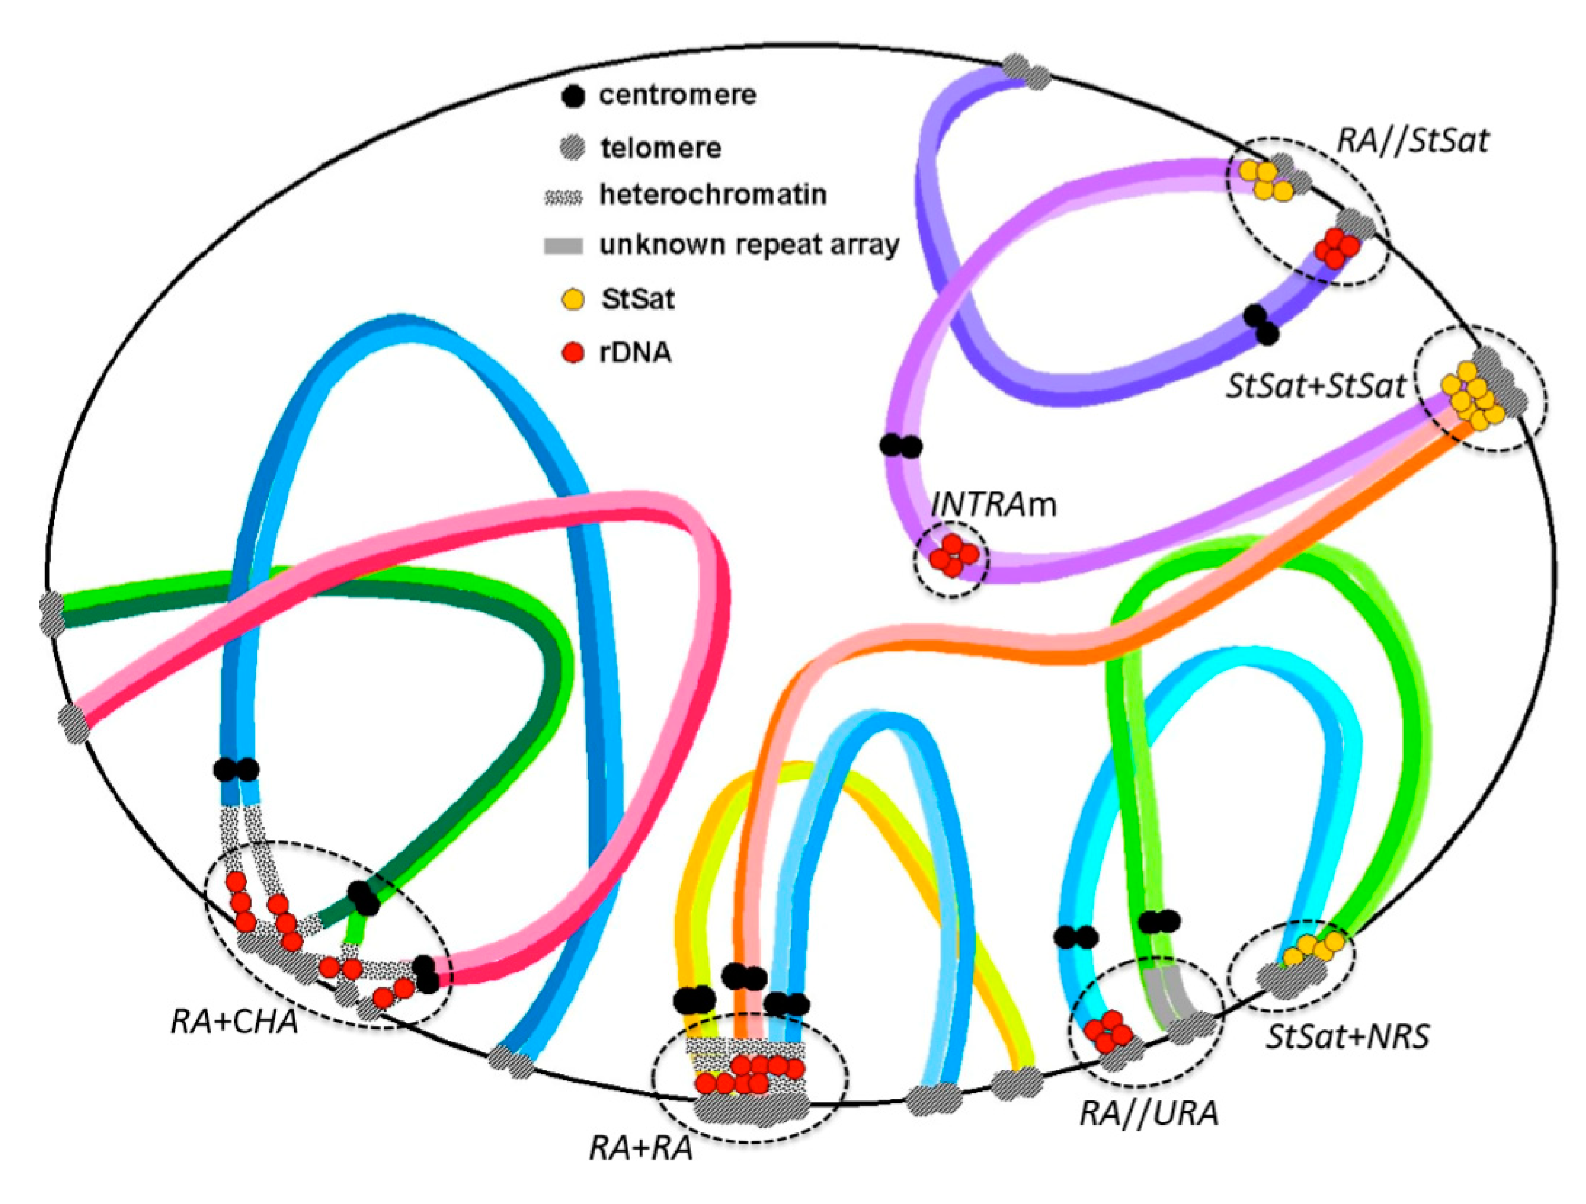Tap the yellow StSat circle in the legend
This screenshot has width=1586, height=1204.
point(573,299)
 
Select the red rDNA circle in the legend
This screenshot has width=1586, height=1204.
point(573,352)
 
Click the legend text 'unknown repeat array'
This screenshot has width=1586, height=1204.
point(749,246)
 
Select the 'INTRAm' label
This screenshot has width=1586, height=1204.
point(994,505)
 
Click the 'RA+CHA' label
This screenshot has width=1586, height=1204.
point(234,1021)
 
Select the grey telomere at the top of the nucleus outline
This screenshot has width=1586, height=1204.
point(1026,71)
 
